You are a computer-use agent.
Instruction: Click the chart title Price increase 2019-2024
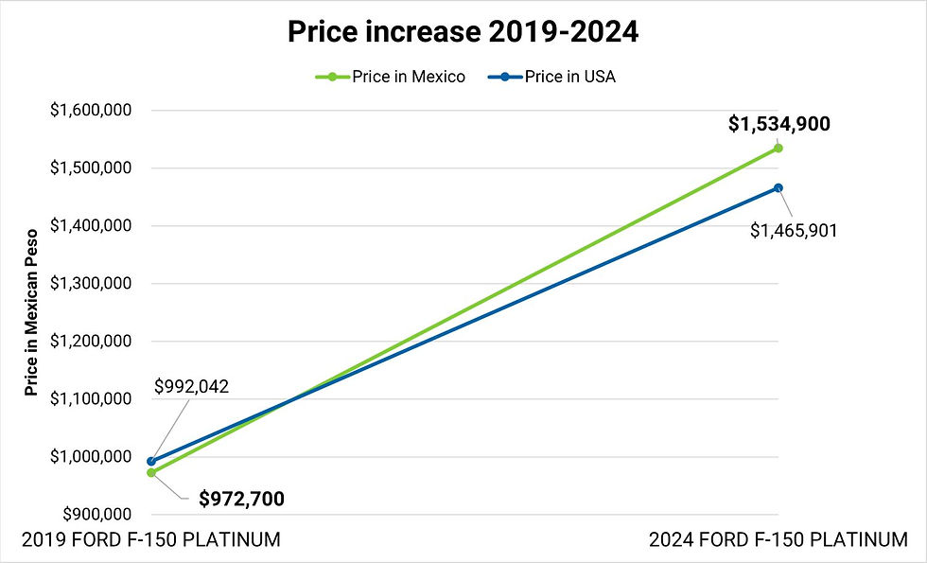tap(463, 33)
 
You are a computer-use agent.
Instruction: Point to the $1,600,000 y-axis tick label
tap(91, 110)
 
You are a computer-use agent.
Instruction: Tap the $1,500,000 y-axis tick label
tap(91, 168)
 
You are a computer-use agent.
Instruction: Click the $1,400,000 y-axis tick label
tap(91, 226)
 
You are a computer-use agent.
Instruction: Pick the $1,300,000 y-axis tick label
tap(91, 284)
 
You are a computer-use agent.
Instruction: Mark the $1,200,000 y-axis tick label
tap(91, 342)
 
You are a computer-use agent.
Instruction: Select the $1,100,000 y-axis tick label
tap(91, 399)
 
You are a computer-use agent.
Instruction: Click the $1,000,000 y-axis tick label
tap(91, 457)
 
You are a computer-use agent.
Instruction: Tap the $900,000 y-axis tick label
tap(96, 515)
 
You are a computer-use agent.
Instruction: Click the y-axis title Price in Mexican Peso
tap(32, 311)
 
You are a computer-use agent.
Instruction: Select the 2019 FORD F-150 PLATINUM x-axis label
tap(150, 540)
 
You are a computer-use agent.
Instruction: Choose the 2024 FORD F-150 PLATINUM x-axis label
tap(778, 540)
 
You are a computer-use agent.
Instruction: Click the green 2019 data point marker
tap(151, 472)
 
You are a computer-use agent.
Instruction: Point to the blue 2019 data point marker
tap(151, 462)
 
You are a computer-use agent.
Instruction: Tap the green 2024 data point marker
tap(778, 148)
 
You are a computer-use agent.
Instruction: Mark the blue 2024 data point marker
tap(778, 187)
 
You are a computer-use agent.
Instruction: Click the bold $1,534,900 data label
tap(779, 123)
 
